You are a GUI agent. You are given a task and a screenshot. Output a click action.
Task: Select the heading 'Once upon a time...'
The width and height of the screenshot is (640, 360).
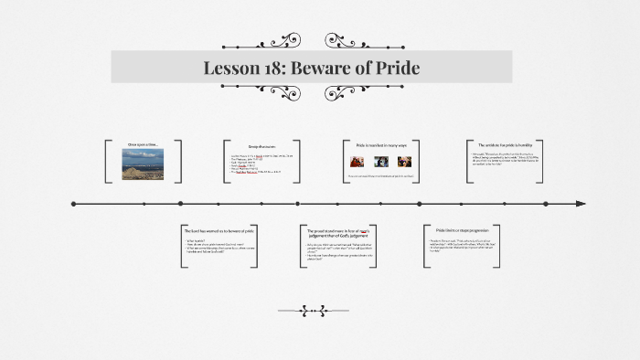(144, 144)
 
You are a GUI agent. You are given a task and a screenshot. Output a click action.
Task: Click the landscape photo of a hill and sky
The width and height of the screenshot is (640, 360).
(144, 164)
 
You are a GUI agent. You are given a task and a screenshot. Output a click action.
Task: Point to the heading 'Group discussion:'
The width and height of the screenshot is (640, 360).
(261, 145)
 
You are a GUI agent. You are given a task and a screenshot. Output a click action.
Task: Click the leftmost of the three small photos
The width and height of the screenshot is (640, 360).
(357, 162)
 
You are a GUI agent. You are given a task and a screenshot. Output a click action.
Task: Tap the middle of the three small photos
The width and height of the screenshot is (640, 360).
(380, 162)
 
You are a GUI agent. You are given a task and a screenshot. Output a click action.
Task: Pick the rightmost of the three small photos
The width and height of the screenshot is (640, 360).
(404, 162)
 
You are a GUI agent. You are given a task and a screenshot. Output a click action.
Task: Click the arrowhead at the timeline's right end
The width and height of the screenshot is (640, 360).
(581, 203)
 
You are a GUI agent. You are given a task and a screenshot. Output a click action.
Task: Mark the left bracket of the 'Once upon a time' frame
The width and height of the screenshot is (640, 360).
(107, 162)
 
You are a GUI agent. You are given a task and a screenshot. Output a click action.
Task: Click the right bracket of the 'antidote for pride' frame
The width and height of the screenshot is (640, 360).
(547, 162)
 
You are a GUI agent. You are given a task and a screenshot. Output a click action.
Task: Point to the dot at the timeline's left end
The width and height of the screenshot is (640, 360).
(73, 203)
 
